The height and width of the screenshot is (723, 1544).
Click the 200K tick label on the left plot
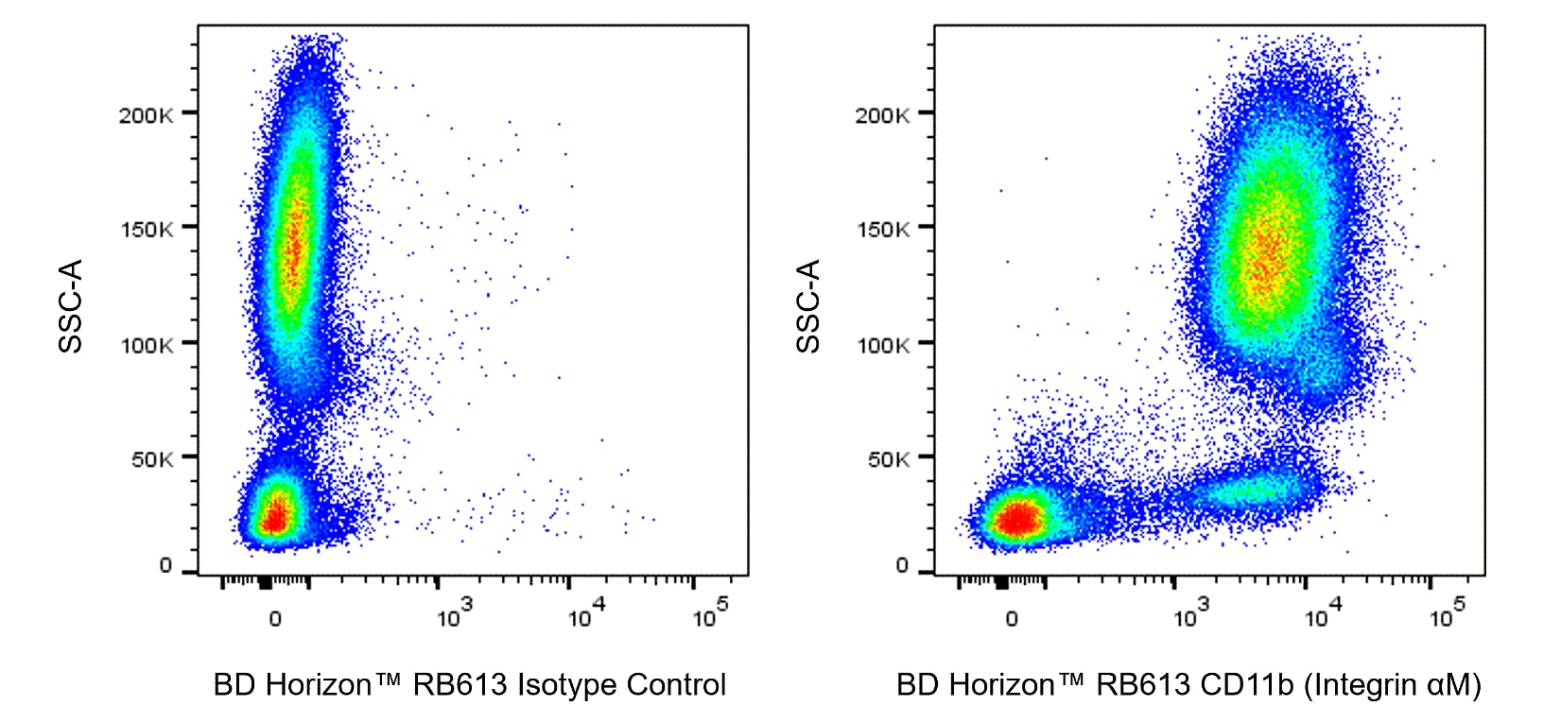coord(147,115)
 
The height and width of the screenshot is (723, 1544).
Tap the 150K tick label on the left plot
coord(147,230)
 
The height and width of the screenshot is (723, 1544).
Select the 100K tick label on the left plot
coord(147,345)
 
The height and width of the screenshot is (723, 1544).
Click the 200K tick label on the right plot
coord(883,115)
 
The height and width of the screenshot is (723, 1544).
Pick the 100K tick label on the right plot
coord(883,345)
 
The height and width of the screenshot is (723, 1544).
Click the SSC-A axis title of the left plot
coord(71,305)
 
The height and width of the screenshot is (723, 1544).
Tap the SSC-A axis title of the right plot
coord(808,305)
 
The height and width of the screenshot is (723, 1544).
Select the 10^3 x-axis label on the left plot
coord(454,614)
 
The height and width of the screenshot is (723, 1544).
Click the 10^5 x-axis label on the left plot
coord(710,614)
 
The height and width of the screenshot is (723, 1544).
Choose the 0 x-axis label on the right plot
coord(1012,619)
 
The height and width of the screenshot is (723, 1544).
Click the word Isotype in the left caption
coord(568,684)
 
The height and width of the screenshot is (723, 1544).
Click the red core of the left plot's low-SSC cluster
coord(274,517)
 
